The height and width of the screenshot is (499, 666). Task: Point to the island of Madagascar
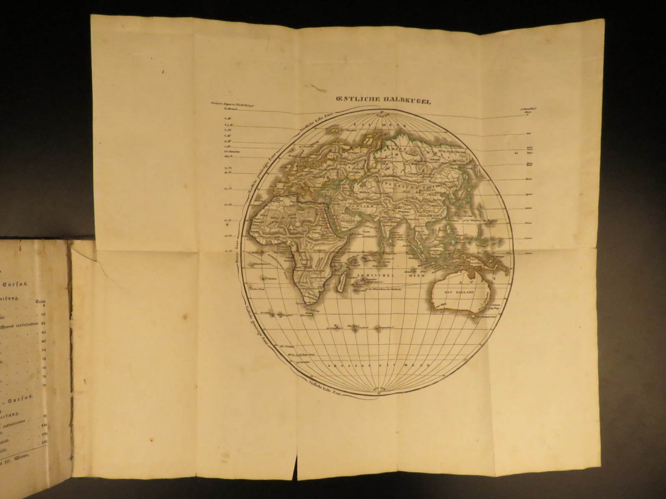(341, 279)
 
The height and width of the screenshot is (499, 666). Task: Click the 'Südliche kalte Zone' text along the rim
(326, 385)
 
